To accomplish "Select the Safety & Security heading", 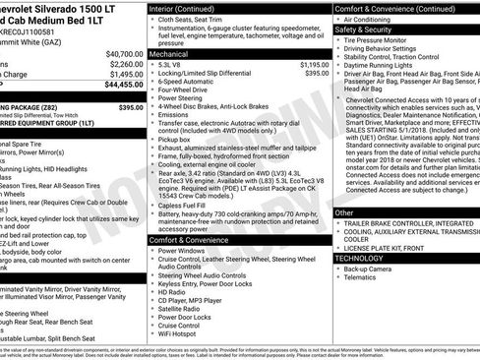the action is [x=366, y=30].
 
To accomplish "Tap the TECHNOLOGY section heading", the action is [x=358, y=257].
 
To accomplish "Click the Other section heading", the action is [x=344, y=211].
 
